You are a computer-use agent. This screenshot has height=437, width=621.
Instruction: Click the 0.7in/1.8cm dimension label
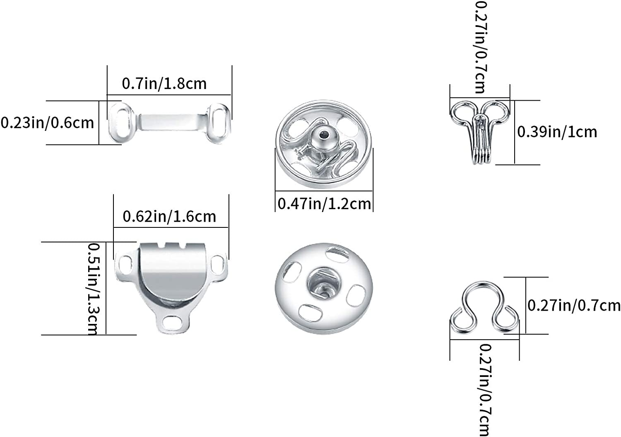(x=164, y=84)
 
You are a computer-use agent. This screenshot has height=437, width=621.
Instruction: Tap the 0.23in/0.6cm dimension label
(x=47, y=123)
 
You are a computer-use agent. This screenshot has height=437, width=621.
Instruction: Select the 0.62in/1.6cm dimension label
(x=169, y=216)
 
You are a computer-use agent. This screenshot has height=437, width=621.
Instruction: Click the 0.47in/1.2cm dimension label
(x=324, y=204)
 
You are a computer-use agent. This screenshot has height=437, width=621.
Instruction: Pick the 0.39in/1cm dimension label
(x=557, y=132)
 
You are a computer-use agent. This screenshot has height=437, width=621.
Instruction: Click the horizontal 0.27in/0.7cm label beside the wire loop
(x=574, y=306)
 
